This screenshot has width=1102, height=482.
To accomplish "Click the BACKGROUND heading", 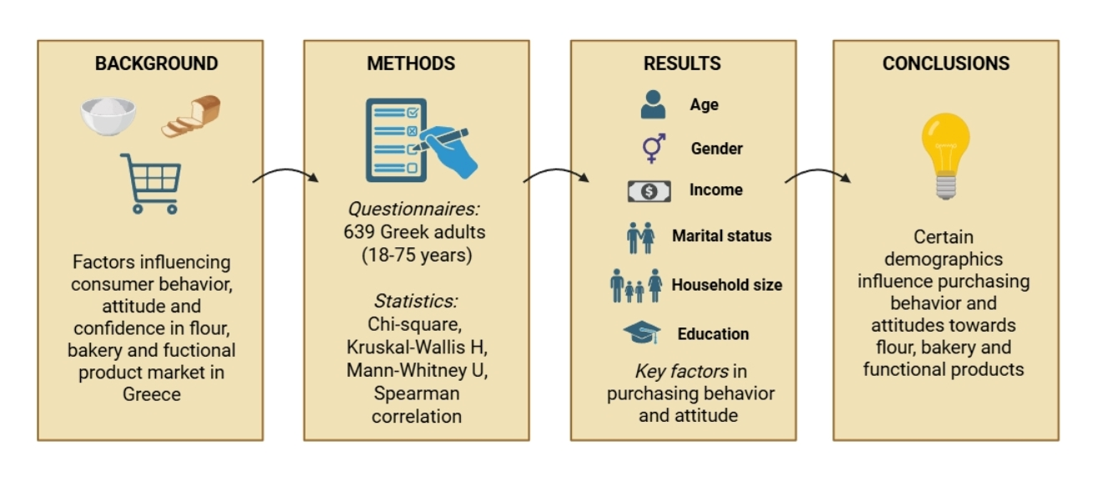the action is (x=156, y=63).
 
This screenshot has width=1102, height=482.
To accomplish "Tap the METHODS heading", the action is (x=411, y=63).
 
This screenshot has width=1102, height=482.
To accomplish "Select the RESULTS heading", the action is (x=682, y=63).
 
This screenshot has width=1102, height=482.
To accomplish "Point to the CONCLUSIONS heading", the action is (x=946, y=63).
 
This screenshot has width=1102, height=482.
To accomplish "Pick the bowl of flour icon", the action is (x=108, y=115).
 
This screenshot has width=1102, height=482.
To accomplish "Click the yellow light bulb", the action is (x=945, y=155).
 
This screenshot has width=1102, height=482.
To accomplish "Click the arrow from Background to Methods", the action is (x=285, y=175).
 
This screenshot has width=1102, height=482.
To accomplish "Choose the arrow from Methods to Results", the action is (x=555, y=175).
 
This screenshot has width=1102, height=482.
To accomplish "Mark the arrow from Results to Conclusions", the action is (x=817, y=175).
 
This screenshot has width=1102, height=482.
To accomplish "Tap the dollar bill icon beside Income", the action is (x=649, y=191).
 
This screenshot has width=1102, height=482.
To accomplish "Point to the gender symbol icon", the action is (x=653, y=148).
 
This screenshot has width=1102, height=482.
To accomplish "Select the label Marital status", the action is (x=721, y=236).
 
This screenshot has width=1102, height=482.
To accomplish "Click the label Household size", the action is (x=726, y=285).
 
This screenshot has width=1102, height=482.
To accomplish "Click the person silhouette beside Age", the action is (x=653, y=105).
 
